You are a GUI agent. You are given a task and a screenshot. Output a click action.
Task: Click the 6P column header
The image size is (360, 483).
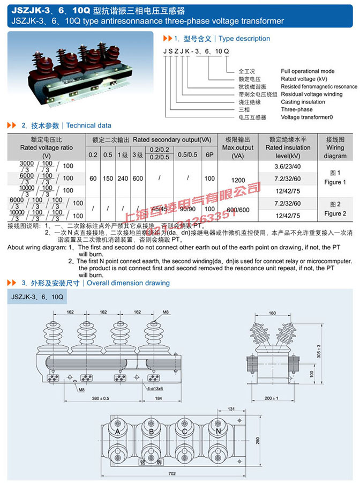pos(209,155)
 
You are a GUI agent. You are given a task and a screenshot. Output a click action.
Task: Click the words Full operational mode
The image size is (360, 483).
pos(307,71)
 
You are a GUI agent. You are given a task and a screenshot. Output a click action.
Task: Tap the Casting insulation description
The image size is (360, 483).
pos(303,102)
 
